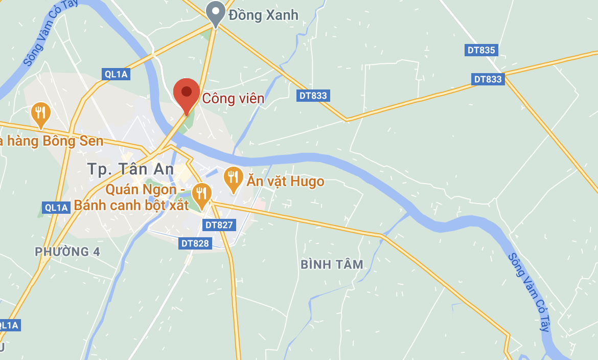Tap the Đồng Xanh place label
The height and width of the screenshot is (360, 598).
click(263, 15)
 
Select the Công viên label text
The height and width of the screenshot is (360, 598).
click(233, 98)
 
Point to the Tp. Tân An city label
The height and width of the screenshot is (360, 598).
click(130, 169)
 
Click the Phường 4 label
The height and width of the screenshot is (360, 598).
click(67, 252)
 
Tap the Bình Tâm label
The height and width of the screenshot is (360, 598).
click(332, 264)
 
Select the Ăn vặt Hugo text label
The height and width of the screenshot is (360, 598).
click(285, 182)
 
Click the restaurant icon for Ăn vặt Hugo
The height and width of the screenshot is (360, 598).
click(233, 178)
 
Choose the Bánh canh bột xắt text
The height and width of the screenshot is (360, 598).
click(131, 205)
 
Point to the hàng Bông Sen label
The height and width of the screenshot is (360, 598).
click(51, 141)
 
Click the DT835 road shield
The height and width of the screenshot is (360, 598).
click(481, 50)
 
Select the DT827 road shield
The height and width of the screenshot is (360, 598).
click(219, 224)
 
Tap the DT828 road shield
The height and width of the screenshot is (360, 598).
click(195, 243)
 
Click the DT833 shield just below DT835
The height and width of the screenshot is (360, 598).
click(488, 79)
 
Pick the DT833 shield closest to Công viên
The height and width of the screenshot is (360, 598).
click(313, 95)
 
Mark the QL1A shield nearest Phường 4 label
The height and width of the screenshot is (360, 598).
click(56, 207)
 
